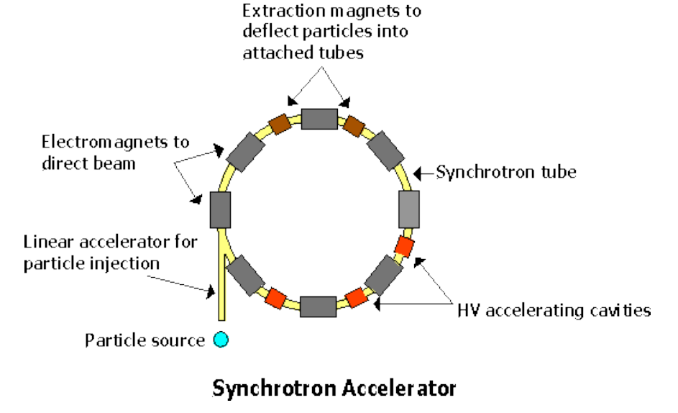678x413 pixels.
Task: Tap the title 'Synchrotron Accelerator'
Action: (334, 389)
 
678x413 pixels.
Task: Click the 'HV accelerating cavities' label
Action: (554, 310)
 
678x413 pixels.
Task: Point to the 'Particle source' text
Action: (145, 340)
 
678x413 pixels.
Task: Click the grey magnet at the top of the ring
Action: (319, 119)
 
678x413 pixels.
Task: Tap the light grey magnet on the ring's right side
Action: (408, 210)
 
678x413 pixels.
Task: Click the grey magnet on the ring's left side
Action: (219, 210)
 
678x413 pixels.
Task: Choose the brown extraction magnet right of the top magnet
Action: (354, 125)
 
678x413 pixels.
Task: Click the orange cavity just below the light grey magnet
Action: (405, 246)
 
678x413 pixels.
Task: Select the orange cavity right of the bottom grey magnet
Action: (355, 296)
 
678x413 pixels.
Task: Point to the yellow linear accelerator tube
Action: (221, 295)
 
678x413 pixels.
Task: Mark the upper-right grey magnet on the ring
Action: (387, 153)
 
